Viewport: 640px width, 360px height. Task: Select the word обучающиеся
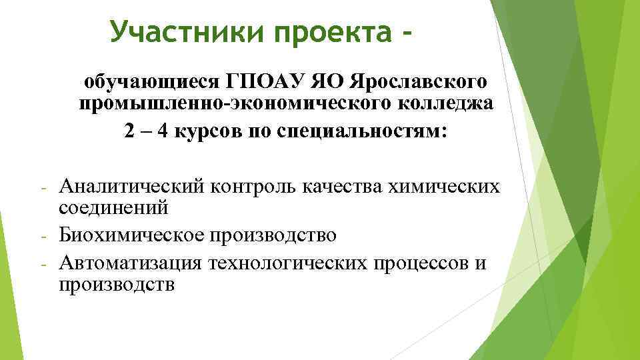coord(150,82)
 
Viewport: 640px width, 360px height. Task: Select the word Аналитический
coord(131,186)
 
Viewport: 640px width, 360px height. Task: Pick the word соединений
coord(114,208)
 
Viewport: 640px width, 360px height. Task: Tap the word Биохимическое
coord(131,235)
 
